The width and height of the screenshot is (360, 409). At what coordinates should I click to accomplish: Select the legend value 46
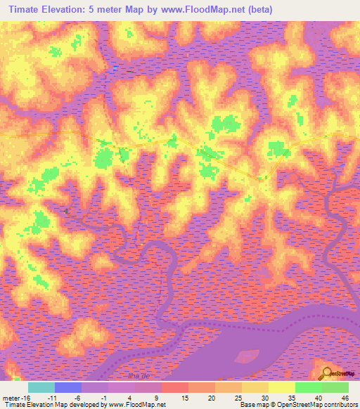click(x=344, y=397)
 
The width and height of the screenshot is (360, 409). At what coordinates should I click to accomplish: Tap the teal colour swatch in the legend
click(x=41, y=387)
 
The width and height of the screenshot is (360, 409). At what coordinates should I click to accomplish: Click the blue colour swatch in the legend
click(x=68, y=387)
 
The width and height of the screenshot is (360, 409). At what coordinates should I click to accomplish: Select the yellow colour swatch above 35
click(x=282, y=387)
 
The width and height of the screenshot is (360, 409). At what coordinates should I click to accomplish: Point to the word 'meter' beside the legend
click(x=11, y=397)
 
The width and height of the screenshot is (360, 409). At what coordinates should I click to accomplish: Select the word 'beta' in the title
click(x=259, y=9)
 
